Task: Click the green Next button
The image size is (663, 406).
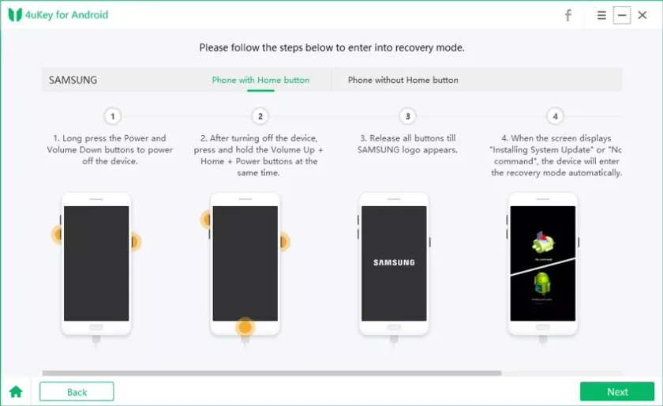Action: click(616, 392)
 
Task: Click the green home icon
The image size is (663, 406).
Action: click(16, 392)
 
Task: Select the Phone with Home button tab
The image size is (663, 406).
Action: click(260, 80)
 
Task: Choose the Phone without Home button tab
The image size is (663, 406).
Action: click(403, 80)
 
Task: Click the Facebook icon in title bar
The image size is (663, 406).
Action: click(568, 15)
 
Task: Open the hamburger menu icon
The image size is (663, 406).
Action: click(601, 15)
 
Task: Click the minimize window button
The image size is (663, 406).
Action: click(622, 15)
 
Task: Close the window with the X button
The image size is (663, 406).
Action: click(642, 15)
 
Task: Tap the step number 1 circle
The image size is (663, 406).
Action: click(113, 116)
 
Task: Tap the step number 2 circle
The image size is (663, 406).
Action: click(260, 116)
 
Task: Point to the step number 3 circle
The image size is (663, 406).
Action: click(407, 116)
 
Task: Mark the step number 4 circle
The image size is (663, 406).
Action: click(555, 116)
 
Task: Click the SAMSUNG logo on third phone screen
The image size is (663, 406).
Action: click(394, 263)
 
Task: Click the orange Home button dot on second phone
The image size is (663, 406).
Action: click(245, 327)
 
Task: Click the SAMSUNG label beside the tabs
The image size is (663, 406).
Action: click(73, 80)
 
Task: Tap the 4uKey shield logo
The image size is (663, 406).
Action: click(15, 15)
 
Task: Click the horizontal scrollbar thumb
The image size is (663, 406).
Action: click(272, 373)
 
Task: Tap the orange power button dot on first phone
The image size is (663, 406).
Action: click(134, 241)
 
